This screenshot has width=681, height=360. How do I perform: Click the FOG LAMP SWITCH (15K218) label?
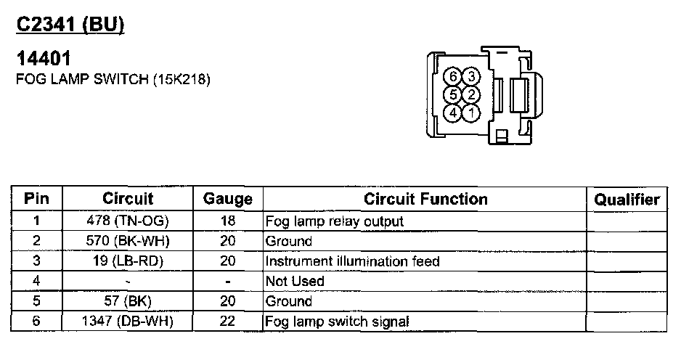tap(113, 80)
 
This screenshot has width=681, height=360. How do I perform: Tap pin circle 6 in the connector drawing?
tap(454, 77)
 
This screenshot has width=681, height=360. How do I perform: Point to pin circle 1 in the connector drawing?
tap(471, 112)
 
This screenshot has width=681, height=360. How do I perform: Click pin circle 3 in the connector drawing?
tap(471, 77)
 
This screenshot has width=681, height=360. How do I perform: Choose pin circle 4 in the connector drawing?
tap(454, 112)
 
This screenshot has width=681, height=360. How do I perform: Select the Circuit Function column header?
tap(425, 199)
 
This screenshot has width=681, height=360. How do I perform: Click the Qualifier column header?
tap(627, 199)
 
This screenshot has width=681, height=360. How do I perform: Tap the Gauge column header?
tap(227, 199)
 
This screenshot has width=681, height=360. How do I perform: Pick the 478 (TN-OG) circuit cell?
tap(129, 221)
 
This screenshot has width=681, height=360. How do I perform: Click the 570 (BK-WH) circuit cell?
tap(129, 241)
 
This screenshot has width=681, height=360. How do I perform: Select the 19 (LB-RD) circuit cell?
tap(129, 261)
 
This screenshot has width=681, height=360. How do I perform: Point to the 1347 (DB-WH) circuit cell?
tap(129, 321)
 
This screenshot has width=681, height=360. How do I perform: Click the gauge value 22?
tap(227, 321)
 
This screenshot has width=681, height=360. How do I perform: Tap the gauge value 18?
tap(227, 221)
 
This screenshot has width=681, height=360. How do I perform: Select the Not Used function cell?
tap(295, 281)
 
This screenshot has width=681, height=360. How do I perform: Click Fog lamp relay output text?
tap(335, 221)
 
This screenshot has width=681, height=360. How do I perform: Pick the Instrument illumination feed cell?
tap(353, 261)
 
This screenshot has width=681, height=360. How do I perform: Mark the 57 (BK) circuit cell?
tap(129, 300)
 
